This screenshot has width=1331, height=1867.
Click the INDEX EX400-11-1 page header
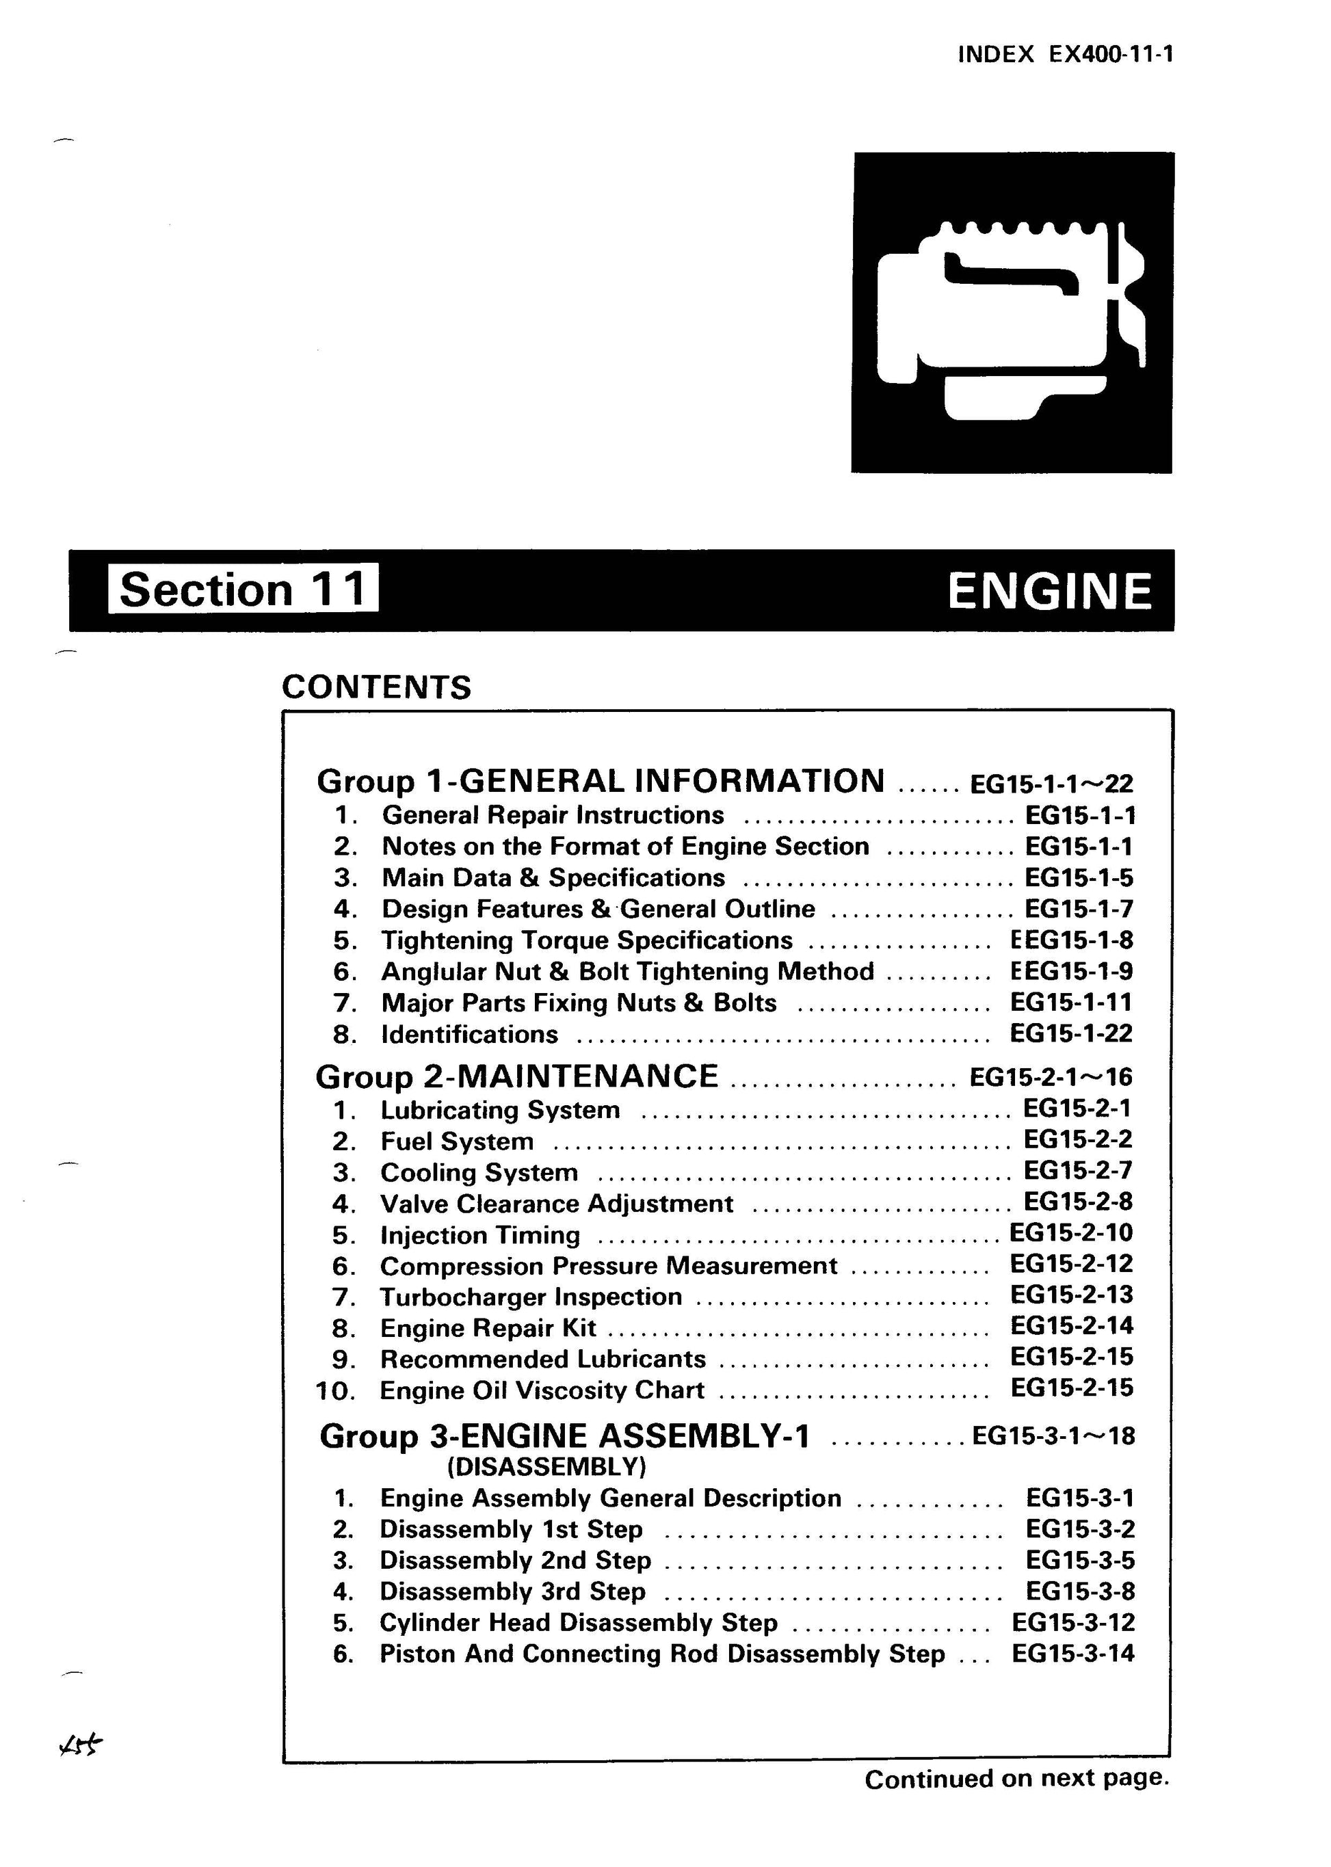click(1065, 54)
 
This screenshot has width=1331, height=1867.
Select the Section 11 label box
click(243, 588)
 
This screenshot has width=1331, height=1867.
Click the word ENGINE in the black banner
click(1049, 591)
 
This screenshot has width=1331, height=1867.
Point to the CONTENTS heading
click(376, 687)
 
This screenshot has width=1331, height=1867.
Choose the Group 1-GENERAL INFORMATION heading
click(600, 781)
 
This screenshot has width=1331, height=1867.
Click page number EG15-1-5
click(1079, 878)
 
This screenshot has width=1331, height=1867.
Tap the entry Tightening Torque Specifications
click(587, 940)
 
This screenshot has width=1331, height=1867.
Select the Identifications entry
click(470, 1034)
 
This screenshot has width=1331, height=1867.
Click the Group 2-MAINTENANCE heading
click(516, 1076)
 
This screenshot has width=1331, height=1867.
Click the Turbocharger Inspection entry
click(530, 1297)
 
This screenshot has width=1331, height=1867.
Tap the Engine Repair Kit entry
click(488, 1327)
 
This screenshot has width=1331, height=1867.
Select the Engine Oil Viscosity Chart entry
click(542, 1390)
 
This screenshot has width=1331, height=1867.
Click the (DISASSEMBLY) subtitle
click(546, 1466)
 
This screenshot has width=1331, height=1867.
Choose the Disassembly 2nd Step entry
click(515, 1561)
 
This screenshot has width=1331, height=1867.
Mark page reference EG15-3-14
click(1073, 1654)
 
